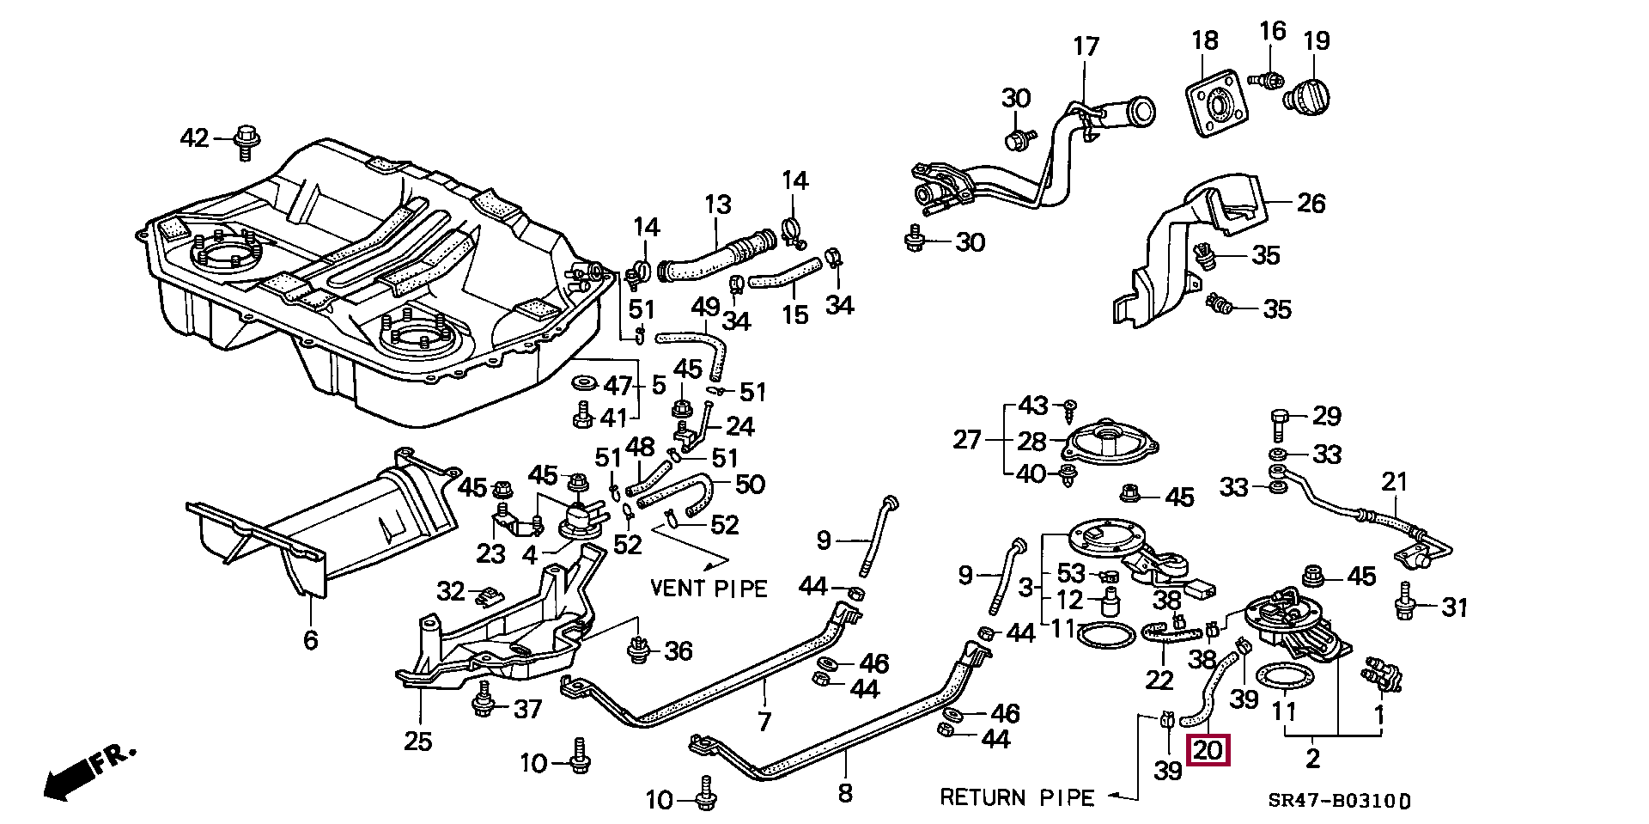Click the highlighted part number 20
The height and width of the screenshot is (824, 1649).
pyautogui.click(x=1208, y=751)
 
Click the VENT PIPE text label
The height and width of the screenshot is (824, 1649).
pyautogui.click(x=709, y=589)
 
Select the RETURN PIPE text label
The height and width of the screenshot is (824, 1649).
pyautogui.click(x=1017, y=797)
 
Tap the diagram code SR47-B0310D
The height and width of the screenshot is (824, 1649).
pyautogui.click(x=1339, y=801)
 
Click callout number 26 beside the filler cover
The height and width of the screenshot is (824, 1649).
pyautogui.click(x=1311, y=203)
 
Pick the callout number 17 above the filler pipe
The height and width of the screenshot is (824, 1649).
pyautogui.click(x=1086, y=46)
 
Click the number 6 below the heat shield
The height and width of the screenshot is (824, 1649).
pyautogui.click(x=310, y=640)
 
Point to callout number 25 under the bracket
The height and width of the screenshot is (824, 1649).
pyautogui.click(x=418, y=741)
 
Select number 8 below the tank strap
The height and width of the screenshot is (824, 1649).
pyautogui.click(x=845, y=792)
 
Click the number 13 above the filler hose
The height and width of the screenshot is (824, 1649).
pyautogui.click(x=718, y=204)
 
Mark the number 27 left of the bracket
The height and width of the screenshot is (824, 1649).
pyautogui.click(x=968, y=440)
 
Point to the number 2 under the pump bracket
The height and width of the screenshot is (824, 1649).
pyautogui.click(x=1312, y=758)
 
